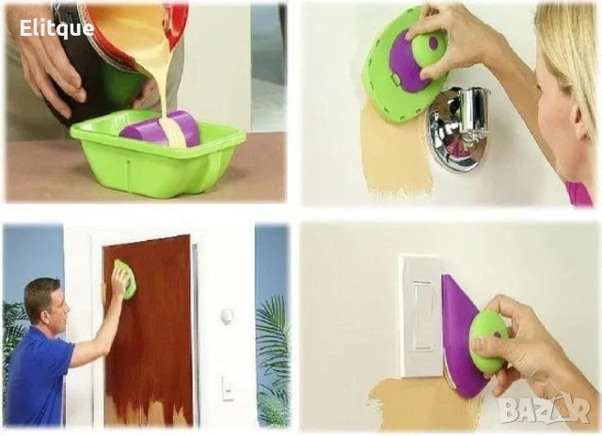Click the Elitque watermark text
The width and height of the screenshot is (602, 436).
coord(57,28)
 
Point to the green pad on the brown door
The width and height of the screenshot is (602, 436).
coord(122,280)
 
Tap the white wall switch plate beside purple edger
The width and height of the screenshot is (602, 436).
coord(418,315)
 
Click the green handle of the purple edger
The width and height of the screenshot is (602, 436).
coord(488,339)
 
